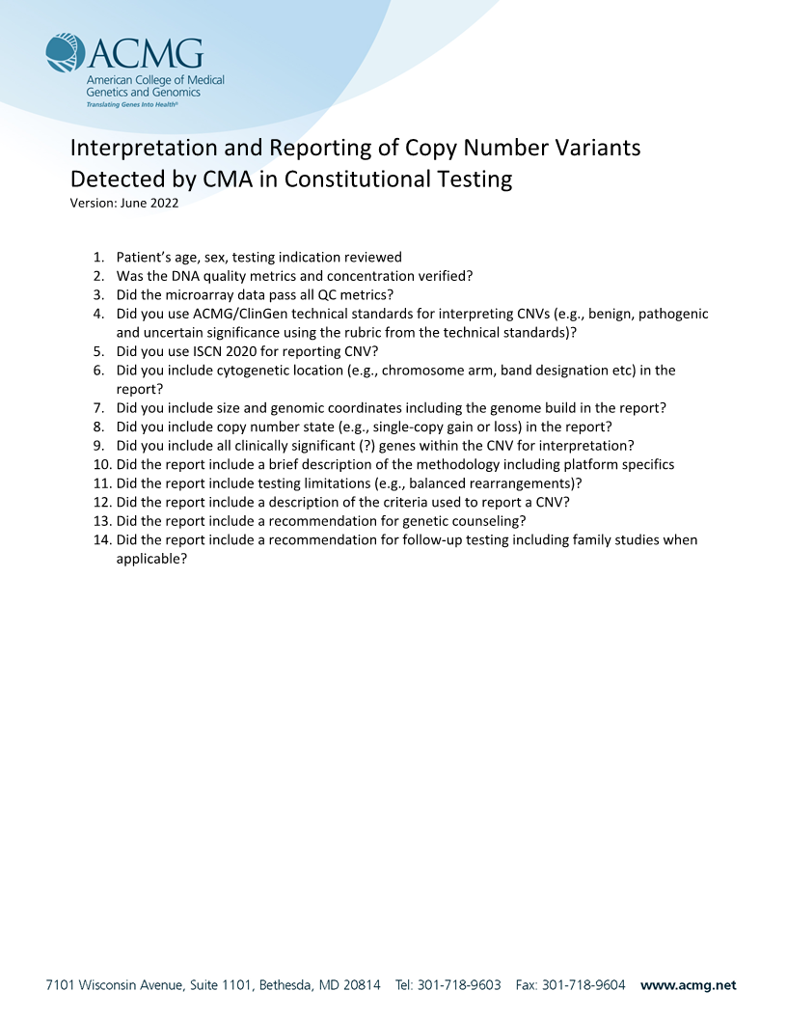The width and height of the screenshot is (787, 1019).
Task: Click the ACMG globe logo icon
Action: tap(65, 53)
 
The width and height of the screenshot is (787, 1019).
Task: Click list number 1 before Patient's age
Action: tap(98, 258)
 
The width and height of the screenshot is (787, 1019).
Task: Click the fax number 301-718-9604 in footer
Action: tap(583, 985)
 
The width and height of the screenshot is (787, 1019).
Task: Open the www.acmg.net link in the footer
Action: tap(688, 985)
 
